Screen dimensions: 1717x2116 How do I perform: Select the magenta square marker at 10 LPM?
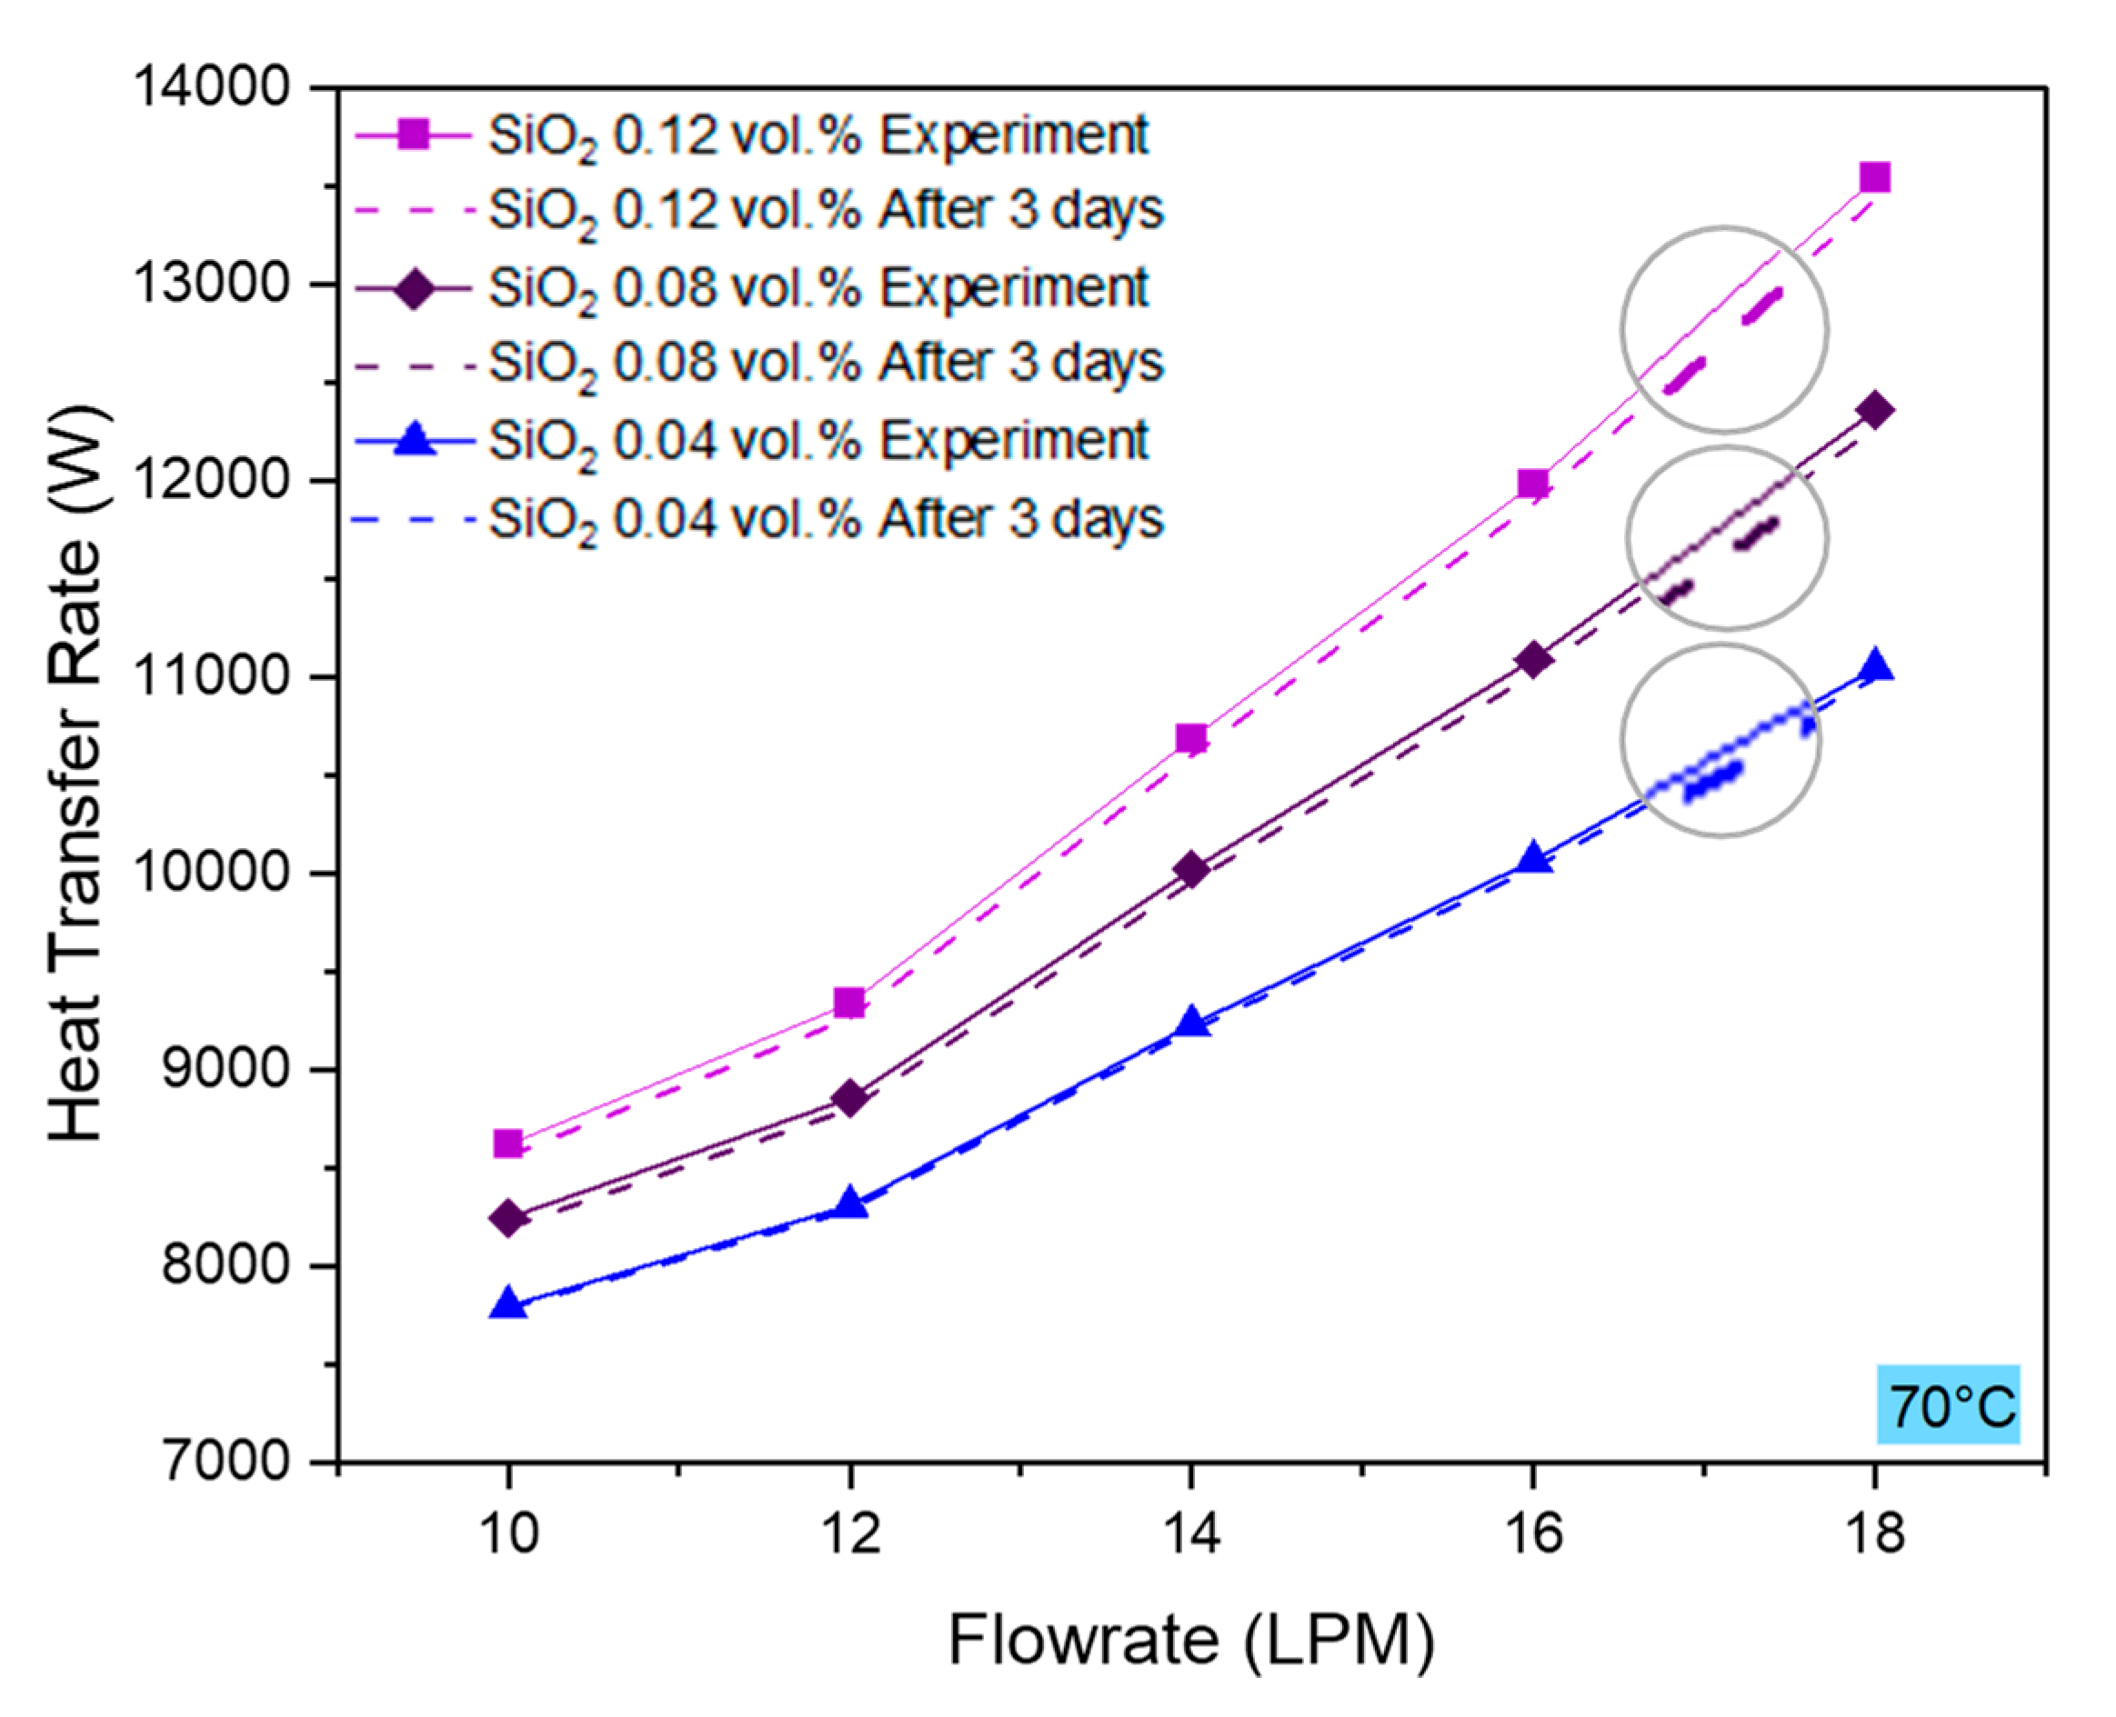coord(507,1143)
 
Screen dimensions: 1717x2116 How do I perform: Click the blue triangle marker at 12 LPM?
coord(848,1203)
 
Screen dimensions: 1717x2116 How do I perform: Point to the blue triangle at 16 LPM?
coord(1533,858)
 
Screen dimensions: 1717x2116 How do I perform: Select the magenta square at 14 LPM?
coord(1191,738)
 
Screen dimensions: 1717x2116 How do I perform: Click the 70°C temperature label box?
coord(1948,1404)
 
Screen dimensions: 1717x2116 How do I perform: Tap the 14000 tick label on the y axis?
coord(211,87)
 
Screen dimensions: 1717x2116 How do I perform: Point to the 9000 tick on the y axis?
coord(224,1069)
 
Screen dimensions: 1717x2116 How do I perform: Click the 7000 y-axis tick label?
coord(224,1461)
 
